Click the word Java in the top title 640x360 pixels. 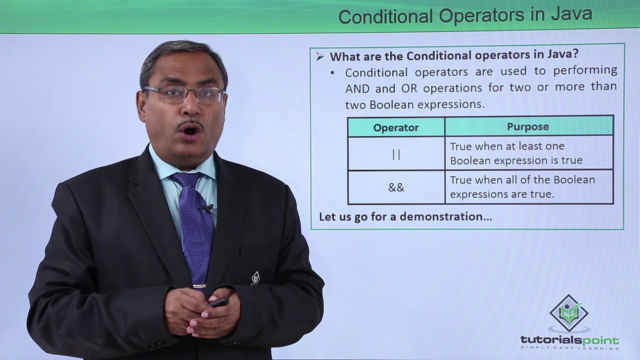[572, 15]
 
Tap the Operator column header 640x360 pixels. [396, 127]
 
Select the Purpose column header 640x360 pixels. [528, 126]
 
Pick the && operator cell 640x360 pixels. [396, 187]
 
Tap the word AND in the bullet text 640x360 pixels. [357, 88]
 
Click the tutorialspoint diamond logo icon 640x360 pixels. [569, 313]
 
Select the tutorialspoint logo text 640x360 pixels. [569, 340]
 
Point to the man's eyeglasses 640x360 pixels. [183, 94]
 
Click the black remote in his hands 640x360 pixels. [218, 302]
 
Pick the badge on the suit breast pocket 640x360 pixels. [255, 278]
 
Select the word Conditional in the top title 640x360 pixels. [385, 16]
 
